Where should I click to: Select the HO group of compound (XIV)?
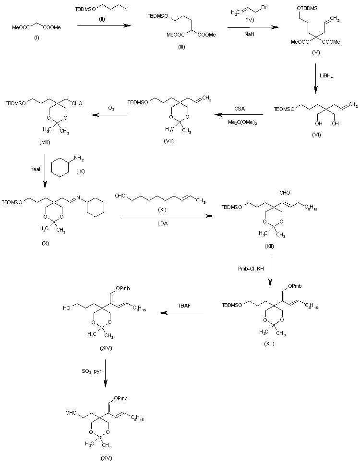tap(66, 306)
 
